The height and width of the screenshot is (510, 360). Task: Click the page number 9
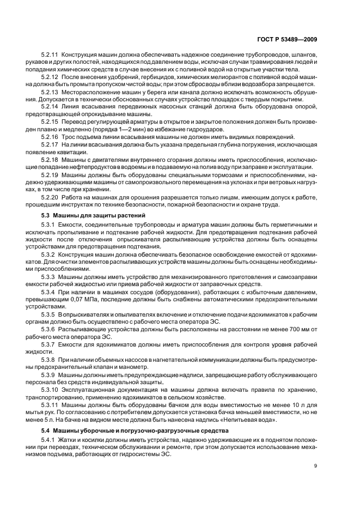316,465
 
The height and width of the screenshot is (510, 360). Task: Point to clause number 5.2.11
50,56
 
